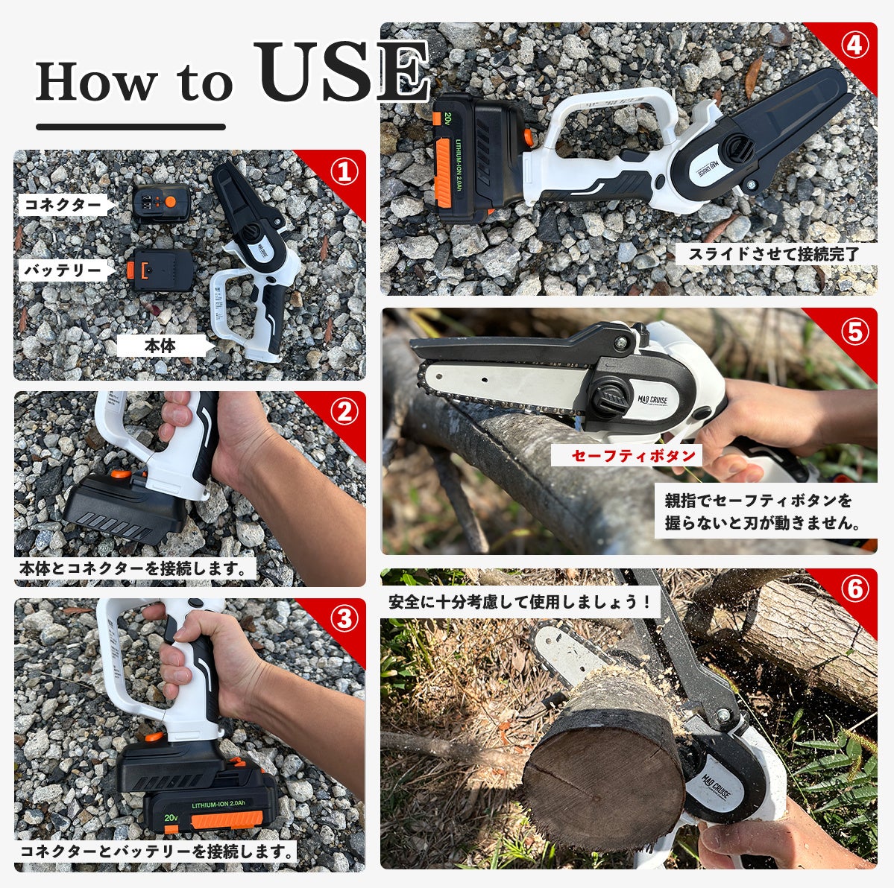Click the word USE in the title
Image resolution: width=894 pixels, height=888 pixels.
click(342, 72)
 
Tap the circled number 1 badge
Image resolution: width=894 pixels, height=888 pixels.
click(344, 171)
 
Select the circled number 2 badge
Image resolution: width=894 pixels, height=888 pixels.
click(344, 412)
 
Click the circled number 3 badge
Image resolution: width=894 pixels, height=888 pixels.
click(344, 618)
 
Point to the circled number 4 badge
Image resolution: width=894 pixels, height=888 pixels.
click(854, 45)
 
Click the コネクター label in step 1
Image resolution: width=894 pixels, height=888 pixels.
click(63, 204)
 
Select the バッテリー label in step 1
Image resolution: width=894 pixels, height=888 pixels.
click(63, 270)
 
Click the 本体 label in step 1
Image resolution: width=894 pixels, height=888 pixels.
click(160, 345)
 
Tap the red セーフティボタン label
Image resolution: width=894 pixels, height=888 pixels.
click(633, 455)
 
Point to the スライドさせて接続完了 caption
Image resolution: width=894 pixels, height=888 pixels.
click(774, 254)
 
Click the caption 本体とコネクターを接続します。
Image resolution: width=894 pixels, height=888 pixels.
click(133, 568)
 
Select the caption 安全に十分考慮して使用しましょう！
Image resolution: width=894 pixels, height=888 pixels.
click(520, 601)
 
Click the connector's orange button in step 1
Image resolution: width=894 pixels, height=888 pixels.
click(170, 202)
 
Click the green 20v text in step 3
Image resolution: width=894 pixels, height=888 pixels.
click(171, 817)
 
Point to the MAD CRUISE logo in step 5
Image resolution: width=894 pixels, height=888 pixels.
click(652, 399)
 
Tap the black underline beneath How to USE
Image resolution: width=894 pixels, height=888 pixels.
click(130, 127)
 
